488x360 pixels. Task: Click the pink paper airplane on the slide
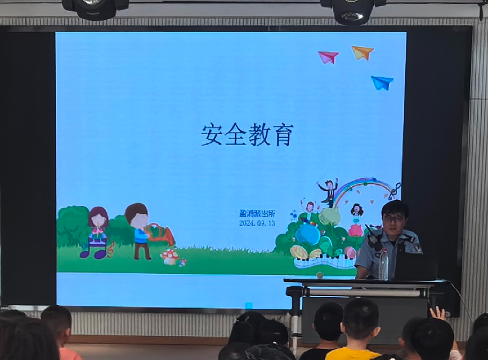pyautogui.click(x=328, y=57)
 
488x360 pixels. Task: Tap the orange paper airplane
pyautogui.click(x=362, y=52)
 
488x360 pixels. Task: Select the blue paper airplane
pyautogui.click(x=382, y=82)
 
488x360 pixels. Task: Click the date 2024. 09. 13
pyautogui.click(x=257, y=223)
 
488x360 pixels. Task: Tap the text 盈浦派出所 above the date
pyautogui.click(x=257, y=214)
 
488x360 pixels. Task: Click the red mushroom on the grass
pyautogui.click(x=170, y=257)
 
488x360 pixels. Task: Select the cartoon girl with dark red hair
pyautogui.click(x=98, y=232)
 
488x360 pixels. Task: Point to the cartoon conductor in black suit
pyautogui.click(x=329, y=193)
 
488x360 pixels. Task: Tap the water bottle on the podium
pyautogui.click(x=383, y=264)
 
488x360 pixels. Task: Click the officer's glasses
pyautogui.click(x=394, y=218)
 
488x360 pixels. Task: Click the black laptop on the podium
pyautogui.click(x=416, y=266)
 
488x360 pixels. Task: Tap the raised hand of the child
pyautogui.click(x=438, y=313)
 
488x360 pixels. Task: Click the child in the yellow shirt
pyautogui.click(x=357, y=331)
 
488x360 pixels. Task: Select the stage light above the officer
pyautogui.click(x=353, y=11)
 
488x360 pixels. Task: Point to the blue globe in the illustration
pyautogui.click(x=307, y=234)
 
